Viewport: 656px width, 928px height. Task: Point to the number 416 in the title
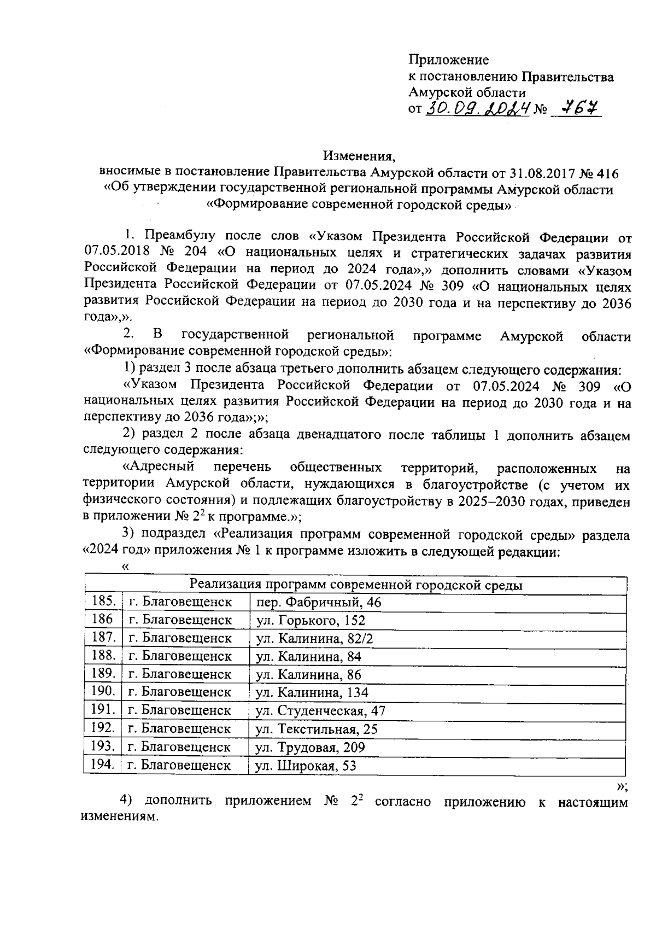pyautogui.click(x=607, y=174)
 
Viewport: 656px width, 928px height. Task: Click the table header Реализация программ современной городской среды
pyautogui.click(x=355, y=585)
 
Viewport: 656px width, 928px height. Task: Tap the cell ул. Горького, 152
pyautogui.click(x=311, y=621)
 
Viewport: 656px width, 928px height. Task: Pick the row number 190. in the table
pyautogui.click(x=103, y=692)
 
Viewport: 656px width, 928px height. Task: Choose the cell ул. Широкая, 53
pyautogui.click(x=306, y=766)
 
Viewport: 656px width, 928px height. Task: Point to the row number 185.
pyautogui.click(x=103, y=602)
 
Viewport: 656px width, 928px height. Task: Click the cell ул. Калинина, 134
pyautogui.click(x=312, y=693)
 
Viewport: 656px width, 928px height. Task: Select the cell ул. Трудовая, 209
pyautogui.click(x=311, y=748)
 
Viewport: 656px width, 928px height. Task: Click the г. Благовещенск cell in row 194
pyautogui.click(x=179, y=765)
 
